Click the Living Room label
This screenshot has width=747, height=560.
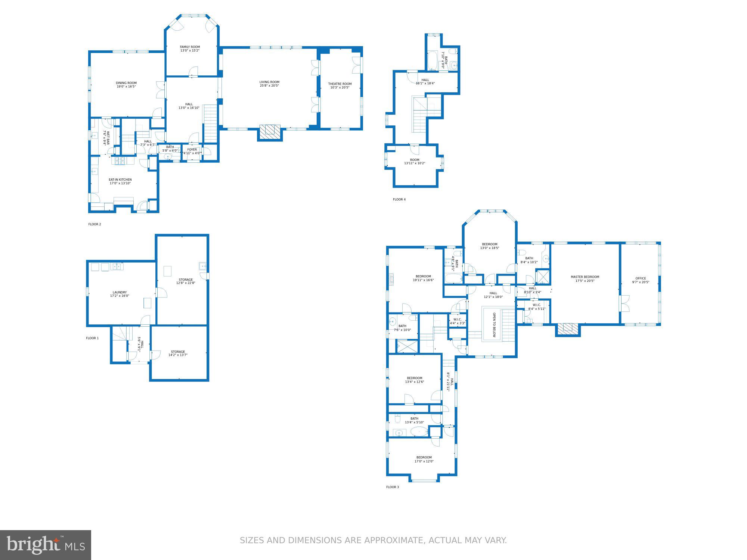pyautogui.click(x=269, y=82)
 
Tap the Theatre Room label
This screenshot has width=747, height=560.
pyautogui.click(x=340, y=84)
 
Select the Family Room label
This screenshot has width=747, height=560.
pyautogui.click(x=190, y=47)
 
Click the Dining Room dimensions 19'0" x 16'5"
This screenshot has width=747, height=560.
pyautogui.click(x=126, y=87)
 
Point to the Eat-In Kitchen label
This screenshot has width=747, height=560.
pyautogui.click(x=120, y=180)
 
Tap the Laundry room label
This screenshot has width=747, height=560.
pyautogui.click(x=120, y=292)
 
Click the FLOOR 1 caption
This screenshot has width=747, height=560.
pyautogui.click(x=92, y=338)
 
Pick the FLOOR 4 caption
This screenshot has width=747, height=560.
pyautogui.click(x=399, y=199)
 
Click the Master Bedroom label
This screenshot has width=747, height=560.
pyautogui.click(x=585, y=277)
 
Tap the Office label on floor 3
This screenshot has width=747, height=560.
pyautogui.click(x=641, y=278)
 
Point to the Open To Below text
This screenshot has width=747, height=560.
pyautogui.click(x=494, y=325)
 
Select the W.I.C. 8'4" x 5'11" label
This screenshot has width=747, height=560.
pyautogui.click(x=537, y=307)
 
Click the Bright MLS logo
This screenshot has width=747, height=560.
pyautogui.click(x=46, y=545)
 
